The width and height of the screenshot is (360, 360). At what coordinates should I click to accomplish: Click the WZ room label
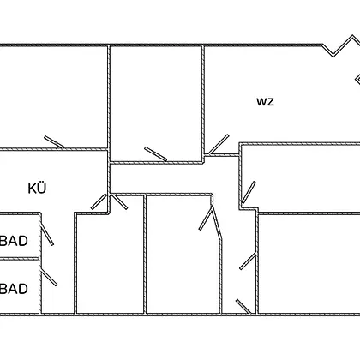[265, 102]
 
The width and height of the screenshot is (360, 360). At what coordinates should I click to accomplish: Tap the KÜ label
[37, 189]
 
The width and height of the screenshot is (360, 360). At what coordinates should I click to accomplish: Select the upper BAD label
[14, 241]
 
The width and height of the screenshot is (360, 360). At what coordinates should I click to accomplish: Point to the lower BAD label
[14, 289]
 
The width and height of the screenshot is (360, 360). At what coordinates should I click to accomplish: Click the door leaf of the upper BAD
[47, 236]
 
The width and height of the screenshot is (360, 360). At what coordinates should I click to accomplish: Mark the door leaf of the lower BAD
[49, 278]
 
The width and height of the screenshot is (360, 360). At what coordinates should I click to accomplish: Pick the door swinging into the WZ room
[219, 144]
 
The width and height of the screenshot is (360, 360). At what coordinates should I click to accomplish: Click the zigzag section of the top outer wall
[341, 45]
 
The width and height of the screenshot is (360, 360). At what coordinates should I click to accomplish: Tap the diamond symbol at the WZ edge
[357, 79]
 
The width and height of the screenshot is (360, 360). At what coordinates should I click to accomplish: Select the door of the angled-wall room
[206, 219]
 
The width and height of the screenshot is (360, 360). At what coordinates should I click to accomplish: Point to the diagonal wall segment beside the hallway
[217, 222]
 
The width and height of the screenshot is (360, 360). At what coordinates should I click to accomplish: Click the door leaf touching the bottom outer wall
[243, 307]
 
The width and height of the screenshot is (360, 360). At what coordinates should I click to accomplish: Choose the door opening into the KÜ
[99, 201]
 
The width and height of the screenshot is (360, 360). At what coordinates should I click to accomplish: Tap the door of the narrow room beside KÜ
[119, 201]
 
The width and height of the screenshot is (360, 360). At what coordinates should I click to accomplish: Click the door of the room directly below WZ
[249, 192]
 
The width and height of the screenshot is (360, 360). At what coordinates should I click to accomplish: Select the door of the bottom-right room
[248, 261]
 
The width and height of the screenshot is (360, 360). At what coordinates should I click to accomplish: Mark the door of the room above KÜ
[54, 142]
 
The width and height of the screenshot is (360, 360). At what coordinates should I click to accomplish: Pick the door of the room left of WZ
[156, 153]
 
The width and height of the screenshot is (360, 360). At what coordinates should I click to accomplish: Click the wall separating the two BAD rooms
[20, 259]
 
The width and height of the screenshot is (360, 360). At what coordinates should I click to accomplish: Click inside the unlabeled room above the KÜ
[53, 97]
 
